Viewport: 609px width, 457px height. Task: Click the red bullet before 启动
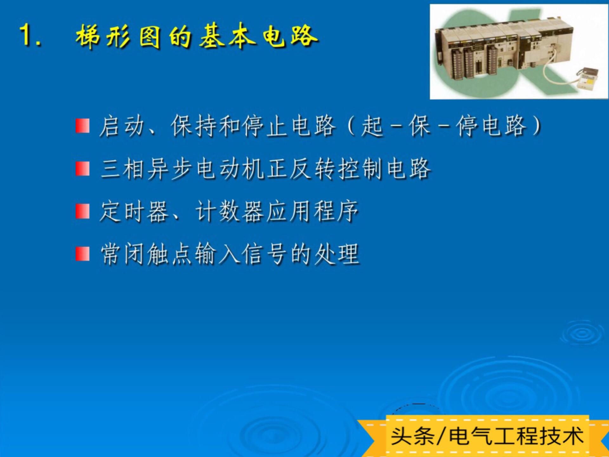pyautogui.click(x=82, y=126)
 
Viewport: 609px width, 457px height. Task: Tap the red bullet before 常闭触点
pyautogui.click(x=82, y=254)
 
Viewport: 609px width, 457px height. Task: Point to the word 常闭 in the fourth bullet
pyautogui.click(x=122, y=254)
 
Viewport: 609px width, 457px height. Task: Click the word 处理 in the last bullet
pyautogui.click(x=337, y=254)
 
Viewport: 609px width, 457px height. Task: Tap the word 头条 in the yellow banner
pyautogui.click(x=412, y=436)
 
